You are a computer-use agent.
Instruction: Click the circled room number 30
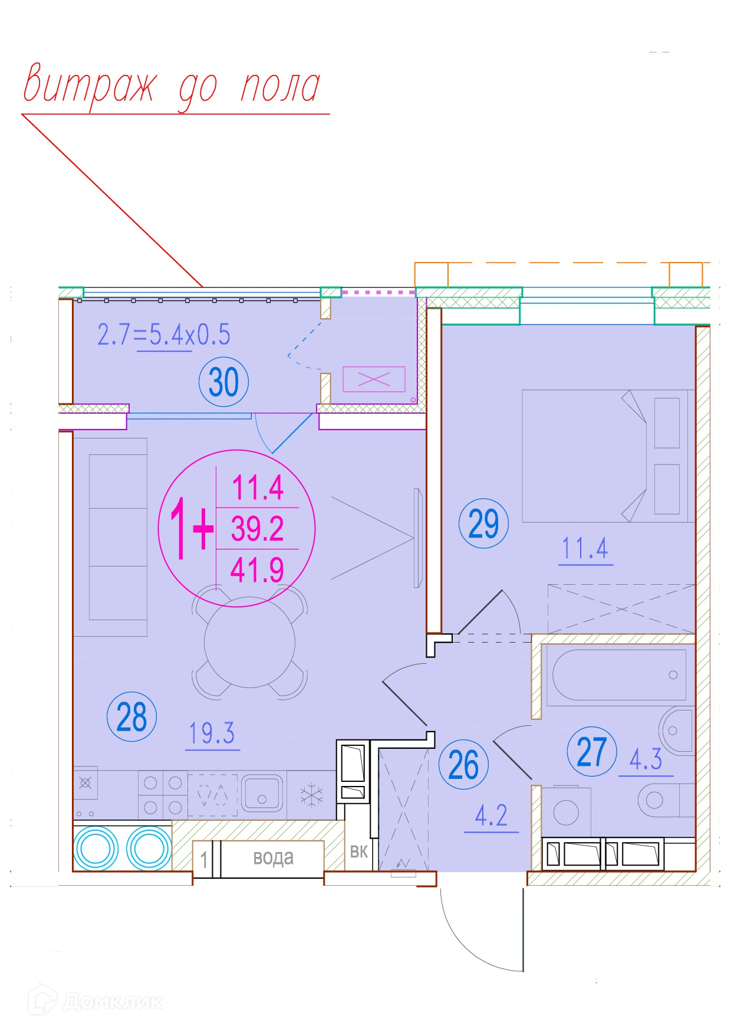point(224,382)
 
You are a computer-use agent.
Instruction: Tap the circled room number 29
point(483,523)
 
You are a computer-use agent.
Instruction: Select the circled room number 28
point(131,717)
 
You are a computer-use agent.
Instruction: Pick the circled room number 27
point(592,751)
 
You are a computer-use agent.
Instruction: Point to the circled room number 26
point(463,765)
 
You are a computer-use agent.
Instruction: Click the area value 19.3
point(212,733)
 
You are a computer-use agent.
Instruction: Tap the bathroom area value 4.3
point(646,759)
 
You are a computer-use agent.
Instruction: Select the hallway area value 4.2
point(491,815)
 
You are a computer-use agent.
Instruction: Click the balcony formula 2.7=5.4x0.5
point(163,335)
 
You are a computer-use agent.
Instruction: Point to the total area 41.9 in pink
point(257,570)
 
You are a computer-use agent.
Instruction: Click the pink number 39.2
point(257,528)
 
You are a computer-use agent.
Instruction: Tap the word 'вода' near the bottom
point(273,857)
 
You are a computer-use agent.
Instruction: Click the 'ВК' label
point(358,851)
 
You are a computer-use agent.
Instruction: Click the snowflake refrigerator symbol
point(311,795)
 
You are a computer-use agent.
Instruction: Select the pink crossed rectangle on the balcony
point(374,379)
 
